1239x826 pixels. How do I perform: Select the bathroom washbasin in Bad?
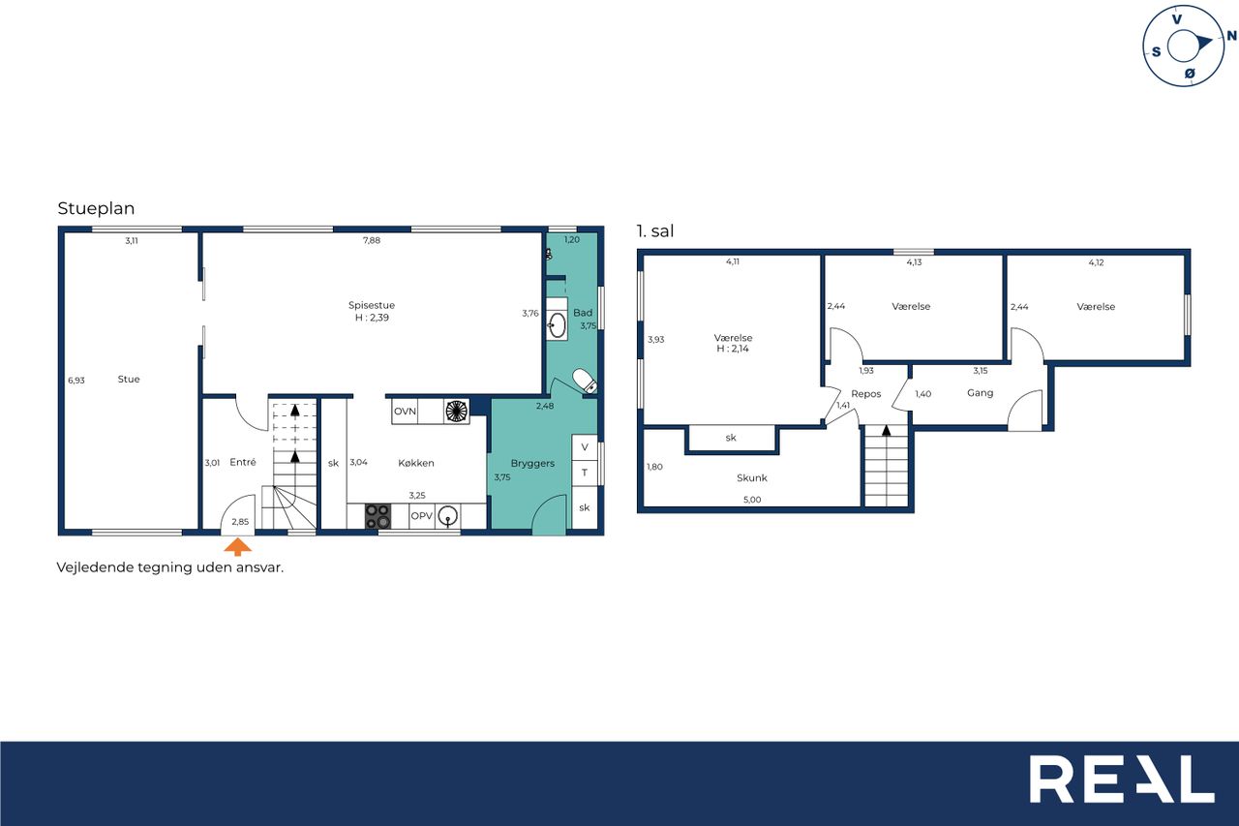557,324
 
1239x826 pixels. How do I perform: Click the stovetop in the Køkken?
378,516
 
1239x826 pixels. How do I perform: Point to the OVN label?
405,412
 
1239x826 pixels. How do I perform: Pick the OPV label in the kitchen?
421,515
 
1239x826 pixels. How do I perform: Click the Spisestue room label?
372,305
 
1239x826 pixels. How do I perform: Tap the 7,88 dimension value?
371,240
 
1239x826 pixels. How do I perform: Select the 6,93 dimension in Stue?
76,381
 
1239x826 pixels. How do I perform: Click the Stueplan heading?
96,208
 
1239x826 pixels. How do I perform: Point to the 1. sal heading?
655,230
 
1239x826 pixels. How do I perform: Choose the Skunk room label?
752,477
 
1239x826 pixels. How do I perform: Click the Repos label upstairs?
865,394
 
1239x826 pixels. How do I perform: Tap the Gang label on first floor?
980,393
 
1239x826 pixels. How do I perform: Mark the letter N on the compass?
1231,36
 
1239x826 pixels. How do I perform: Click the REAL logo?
1122,779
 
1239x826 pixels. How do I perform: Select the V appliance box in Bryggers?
584,447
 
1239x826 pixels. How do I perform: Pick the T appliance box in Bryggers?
584,473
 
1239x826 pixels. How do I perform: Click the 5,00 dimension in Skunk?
752,500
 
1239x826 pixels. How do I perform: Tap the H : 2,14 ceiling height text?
733,349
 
